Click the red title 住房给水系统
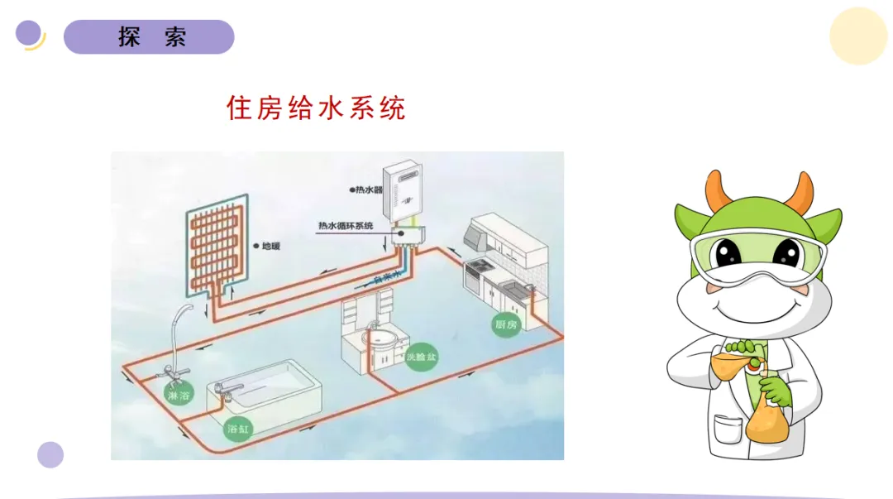click(x=316, y=108)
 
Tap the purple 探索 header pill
click(x=149, y=37)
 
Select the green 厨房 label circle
click(x=505, y=324)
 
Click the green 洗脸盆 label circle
click(x=421, y=357)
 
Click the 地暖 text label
click(x=270, y=246)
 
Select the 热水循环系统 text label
click(x=346, y=226)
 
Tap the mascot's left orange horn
click(x=717, y=191)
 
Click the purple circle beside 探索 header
click(x=29, y=33)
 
